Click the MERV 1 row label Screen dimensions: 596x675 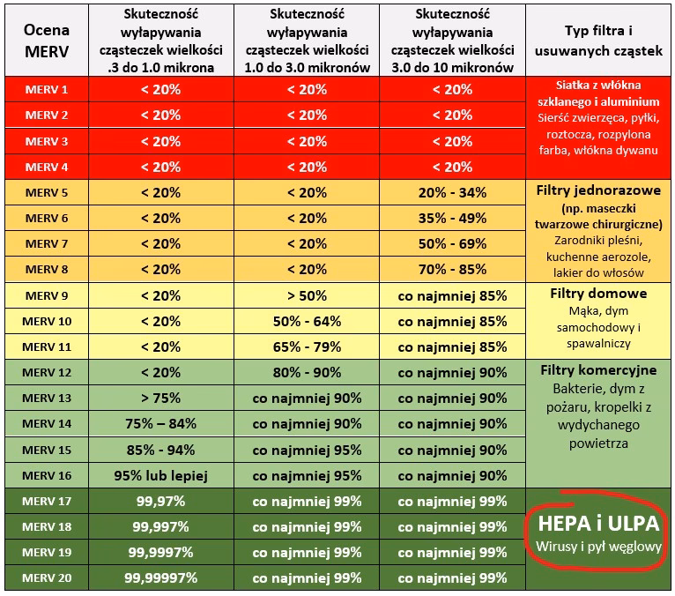pos(46,89)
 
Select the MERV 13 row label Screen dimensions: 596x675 pos(46,398)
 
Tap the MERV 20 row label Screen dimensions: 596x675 pos(46,578)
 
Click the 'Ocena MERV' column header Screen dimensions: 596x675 pos(46,41)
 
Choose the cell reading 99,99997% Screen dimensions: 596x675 pos(159,578)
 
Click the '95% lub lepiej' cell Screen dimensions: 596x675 pos(159,475)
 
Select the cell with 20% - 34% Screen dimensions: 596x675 pos(452,192)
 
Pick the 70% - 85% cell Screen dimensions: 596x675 pos(452,269)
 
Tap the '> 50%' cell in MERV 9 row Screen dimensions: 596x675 pos(307,295)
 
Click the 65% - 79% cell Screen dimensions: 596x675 pos(307,346)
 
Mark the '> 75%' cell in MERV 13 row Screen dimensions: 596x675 pos(159,398)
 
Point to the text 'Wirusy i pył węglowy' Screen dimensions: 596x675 pos(598,547)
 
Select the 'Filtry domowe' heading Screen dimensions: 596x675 pos(598,293)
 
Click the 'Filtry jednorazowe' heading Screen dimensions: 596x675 pos(598,190)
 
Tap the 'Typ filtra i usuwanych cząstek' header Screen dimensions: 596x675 pos(598,41)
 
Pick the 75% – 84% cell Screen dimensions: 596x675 pos(159,423)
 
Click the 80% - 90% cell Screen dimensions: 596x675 pos(307,372)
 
